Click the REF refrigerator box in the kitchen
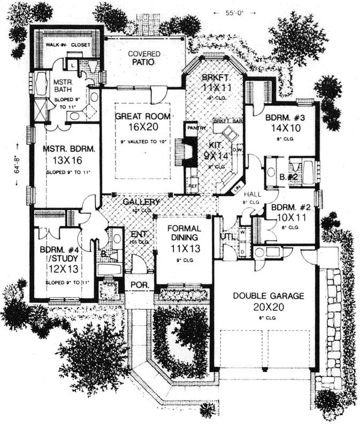[193, 186]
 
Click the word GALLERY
[141, 202]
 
